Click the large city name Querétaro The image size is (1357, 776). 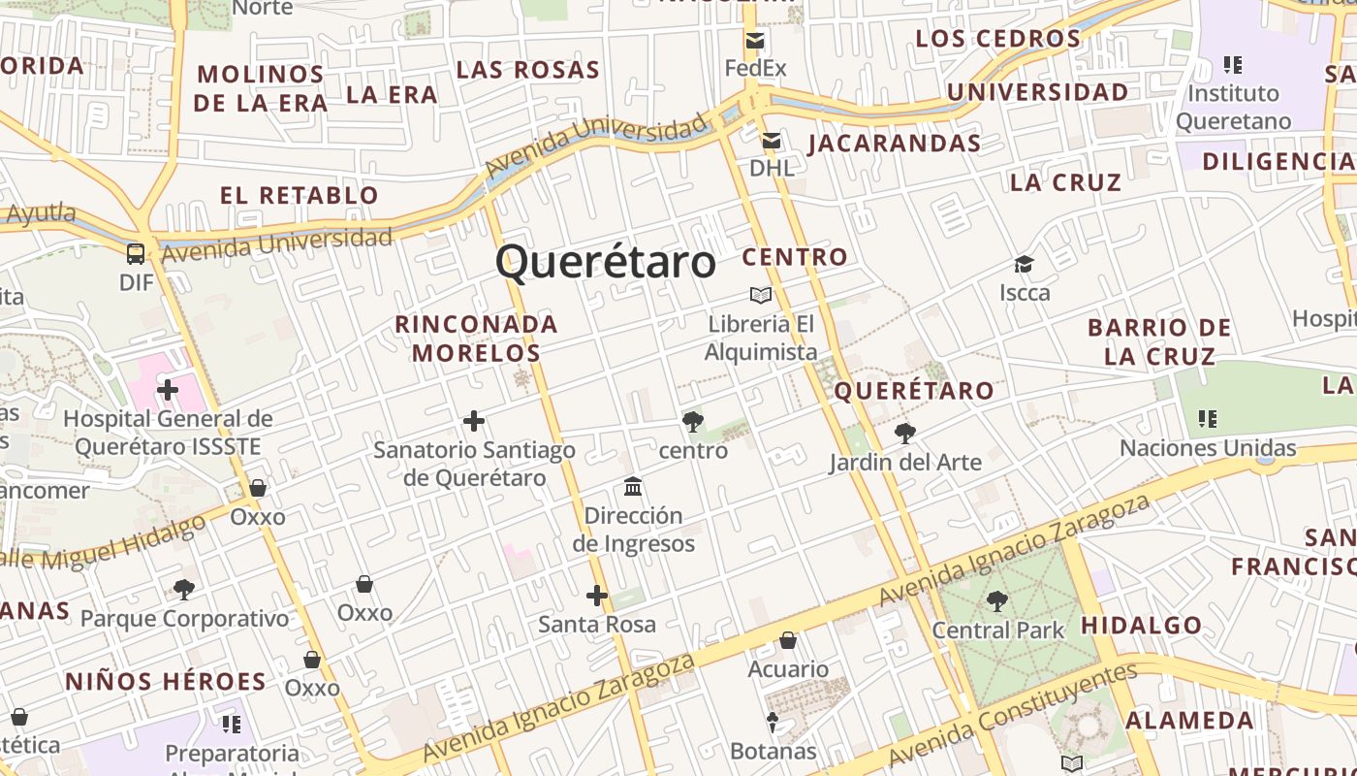(x=606, y=262)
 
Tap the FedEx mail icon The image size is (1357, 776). (x=755, y=41)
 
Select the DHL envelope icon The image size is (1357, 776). (x=772, y=142)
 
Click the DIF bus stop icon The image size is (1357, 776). (x=136, y=254)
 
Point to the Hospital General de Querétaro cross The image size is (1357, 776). (x=168, y=390)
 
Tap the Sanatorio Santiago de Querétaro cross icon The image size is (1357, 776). (x=474, y=421)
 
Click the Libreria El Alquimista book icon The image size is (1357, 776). (x=761, y=295)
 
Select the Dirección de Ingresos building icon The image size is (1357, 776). (x=634, y=486)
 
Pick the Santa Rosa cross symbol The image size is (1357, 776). (x=597, y=596)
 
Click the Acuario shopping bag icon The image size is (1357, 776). (x=788, y=640)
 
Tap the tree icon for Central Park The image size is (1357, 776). (x=997, y=601)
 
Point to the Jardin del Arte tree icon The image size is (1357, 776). (x=905, y=434)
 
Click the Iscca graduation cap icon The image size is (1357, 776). (x=1025, y=264)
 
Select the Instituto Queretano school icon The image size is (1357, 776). (x=1233, y=65)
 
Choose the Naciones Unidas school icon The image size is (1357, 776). (x=1208, y=419)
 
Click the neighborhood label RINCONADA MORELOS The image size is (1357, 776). (x=476, y=338)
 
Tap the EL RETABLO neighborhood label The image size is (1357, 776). (x=300, y=195)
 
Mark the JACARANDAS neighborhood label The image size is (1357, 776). (x=894, y=144)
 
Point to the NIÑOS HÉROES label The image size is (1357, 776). (x=166, y=682)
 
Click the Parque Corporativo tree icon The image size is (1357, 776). (x=184, y=589)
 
